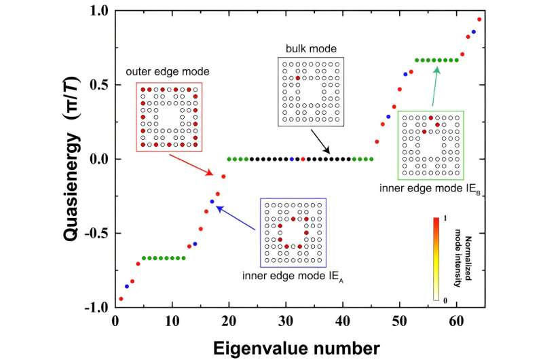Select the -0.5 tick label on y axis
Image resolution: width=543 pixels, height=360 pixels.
pos(92,233)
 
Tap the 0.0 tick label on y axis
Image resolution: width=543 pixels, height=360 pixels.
pos(95,159)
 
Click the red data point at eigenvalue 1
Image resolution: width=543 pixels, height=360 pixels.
pos(121,299)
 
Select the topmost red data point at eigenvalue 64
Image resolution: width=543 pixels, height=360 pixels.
pos(479,19)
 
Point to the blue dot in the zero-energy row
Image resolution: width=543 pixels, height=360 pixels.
pos(292,159)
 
